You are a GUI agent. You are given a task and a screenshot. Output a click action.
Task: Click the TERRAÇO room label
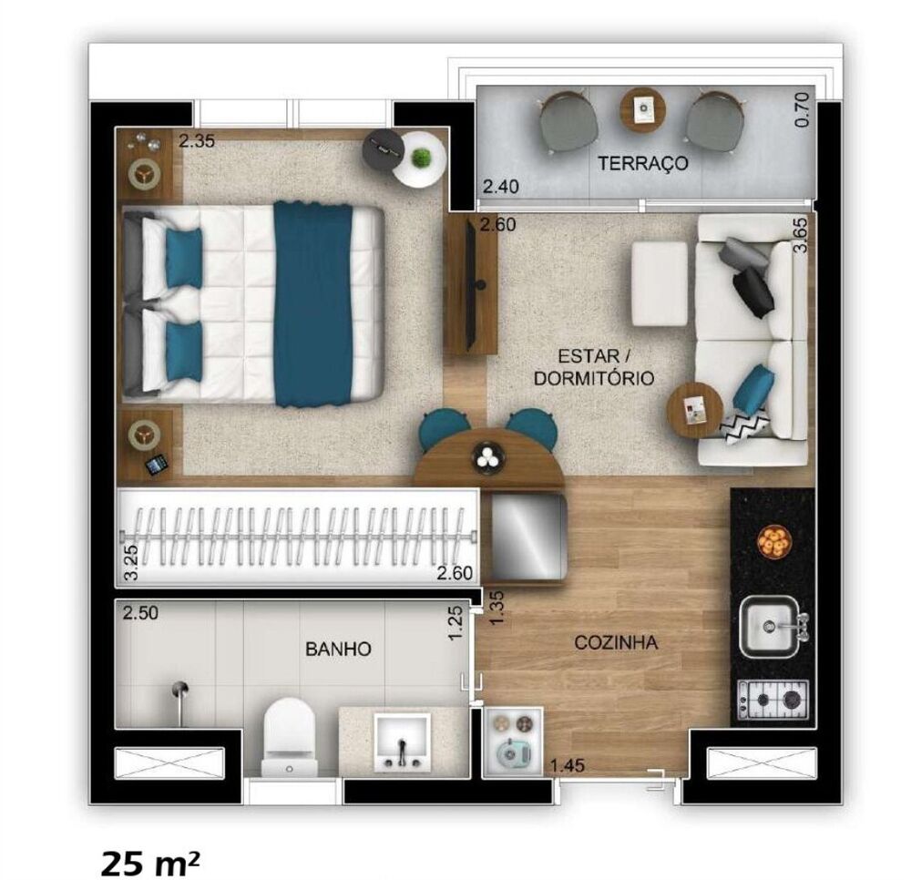click(642, 164)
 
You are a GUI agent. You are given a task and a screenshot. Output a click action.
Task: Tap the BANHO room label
click(338, 650)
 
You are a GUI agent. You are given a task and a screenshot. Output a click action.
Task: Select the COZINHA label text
click(616, 643)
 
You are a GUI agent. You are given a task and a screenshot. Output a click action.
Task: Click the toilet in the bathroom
click(290, 735)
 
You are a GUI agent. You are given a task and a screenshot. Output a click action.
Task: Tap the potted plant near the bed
click(421, 159)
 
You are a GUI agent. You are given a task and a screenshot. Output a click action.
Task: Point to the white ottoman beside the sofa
click(660, 282)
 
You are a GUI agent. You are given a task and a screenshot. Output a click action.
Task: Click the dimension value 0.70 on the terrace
click(802, 110)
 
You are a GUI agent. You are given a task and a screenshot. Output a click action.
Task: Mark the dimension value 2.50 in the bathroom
click(141, 613)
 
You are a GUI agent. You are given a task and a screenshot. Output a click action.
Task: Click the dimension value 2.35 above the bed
click(196, 142)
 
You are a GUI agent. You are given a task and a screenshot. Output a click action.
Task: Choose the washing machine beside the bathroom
click(512, 739)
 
